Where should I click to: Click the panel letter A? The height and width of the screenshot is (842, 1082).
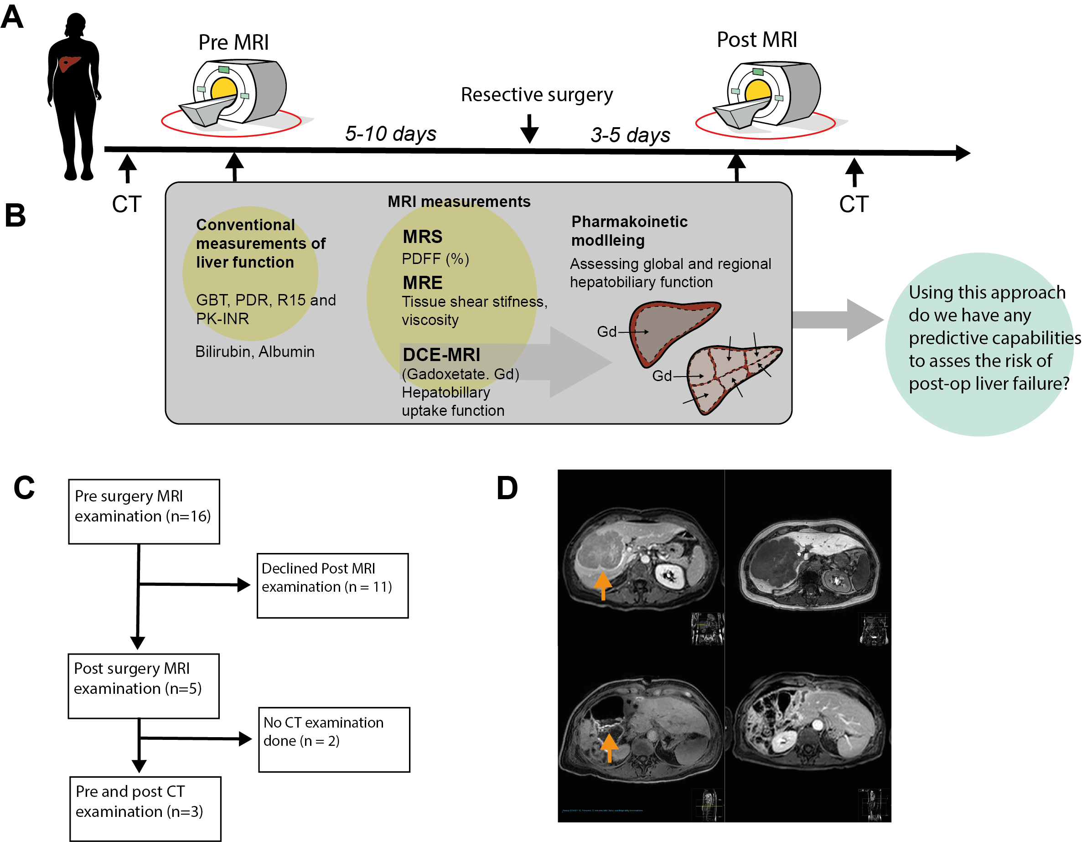tap(12, 17)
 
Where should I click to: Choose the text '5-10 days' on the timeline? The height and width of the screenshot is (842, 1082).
tap(390, 134)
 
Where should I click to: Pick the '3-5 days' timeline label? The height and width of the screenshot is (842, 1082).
tap(630, 135)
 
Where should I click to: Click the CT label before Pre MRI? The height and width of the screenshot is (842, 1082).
tap(127, 204)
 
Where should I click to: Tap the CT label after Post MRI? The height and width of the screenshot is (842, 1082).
tap(854, 204)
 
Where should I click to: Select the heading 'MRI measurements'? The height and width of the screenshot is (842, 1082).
tap(459, 201)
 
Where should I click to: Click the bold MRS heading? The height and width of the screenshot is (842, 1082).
tap(423, 237)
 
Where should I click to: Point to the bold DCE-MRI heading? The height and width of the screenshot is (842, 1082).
tap(441, 355)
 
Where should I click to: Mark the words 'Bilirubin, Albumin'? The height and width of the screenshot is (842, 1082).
tap(254, 351)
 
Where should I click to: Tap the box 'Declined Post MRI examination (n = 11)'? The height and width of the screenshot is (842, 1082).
tap(332, 585)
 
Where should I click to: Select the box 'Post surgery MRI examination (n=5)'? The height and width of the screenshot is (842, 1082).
tap(144, 686)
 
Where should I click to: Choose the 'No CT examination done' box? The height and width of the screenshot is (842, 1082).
tap(334, 739)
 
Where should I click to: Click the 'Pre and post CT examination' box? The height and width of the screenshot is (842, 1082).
tap(145, 808)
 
